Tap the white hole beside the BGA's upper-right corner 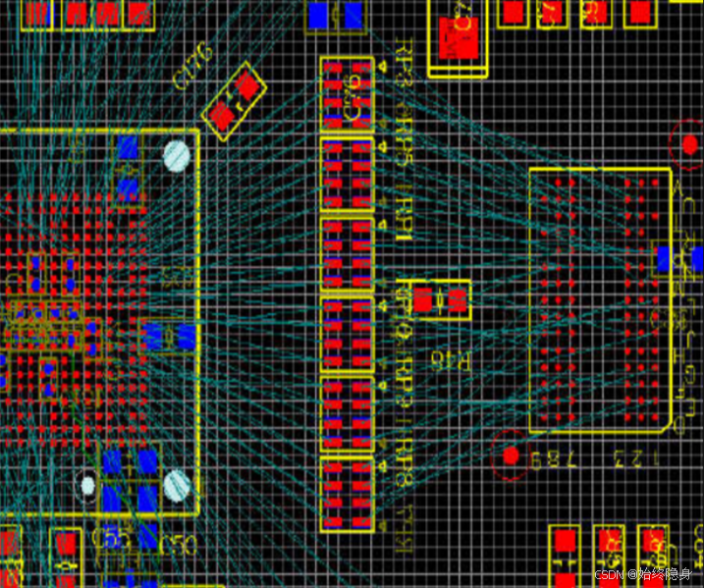(x=177, y=155)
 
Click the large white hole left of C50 (x=178, y=482)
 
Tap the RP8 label (x=404, y=461)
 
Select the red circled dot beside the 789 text (x=511, y=454)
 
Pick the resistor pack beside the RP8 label (x=348, y=495)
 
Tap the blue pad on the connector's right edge (x=665, y=259)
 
